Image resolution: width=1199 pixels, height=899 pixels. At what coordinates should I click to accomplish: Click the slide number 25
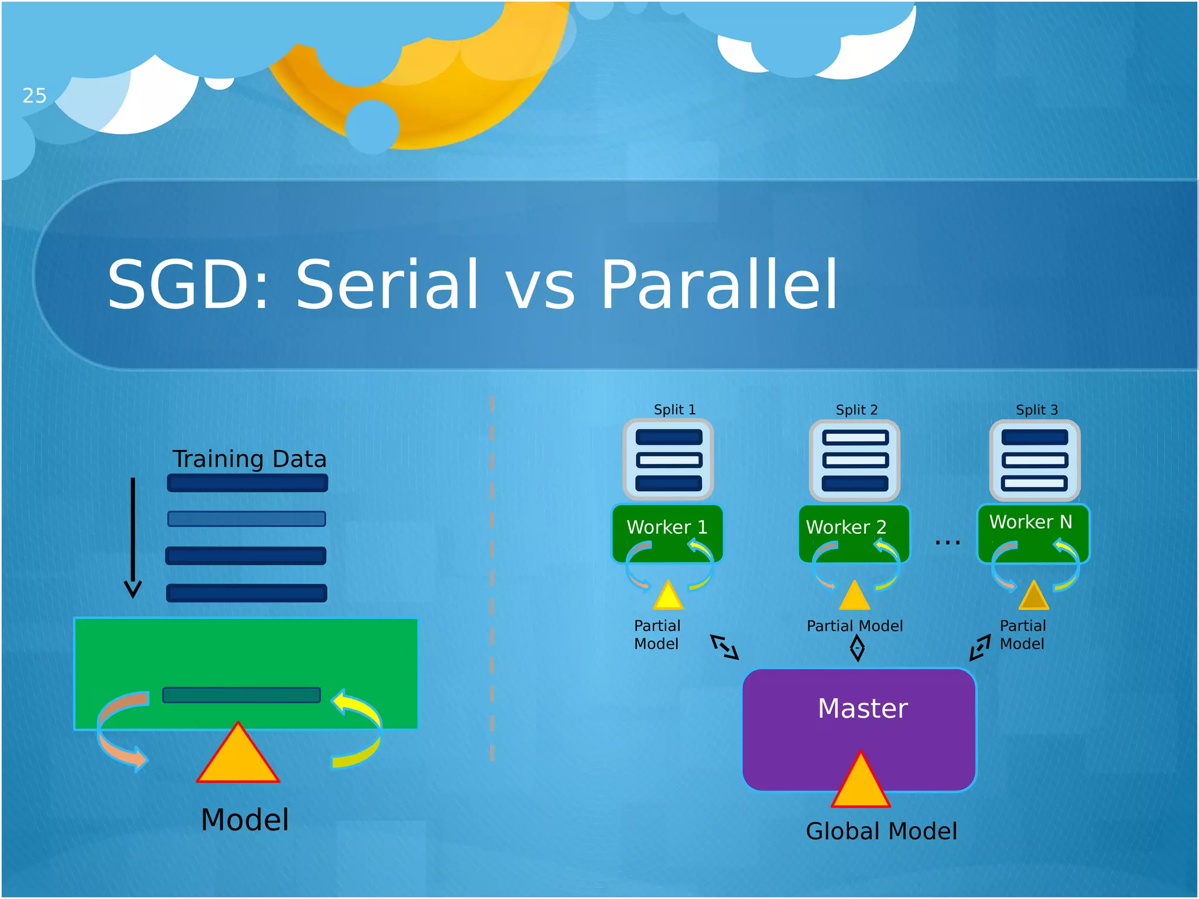tap(34, 95)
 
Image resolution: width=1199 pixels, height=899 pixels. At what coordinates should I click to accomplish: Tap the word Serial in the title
tap(387, 284)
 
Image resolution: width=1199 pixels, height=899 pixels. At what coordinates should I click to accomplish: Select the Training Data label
tap(249, 458)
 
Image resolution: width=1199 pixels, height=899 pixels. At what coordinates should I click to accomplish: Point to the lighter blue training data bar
tap(246, 519)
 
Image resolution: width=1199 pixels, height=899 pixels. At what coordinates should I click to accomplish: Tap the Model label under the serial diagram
tap(245, 819)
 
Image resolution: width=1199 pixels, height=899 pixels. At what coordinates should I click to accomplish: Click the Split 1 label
tap(674, 409)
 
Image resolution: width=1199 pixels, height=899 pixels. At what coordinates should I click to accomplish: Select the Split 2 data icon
tap(854, 460)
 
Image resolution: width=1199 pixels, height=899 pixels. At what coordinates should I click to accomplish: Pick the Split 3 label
tap(1036, 409)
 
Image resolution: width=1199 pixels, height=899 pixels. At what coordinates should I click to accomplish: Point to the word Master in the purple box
tap(862, 708)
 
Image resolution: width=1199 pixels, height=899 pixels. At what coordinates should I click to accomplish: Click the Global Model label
tap(881, 831)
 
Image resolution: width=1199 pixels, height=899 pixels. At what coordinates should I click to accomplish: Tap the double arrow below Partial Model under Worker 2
tap(857, 648)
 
